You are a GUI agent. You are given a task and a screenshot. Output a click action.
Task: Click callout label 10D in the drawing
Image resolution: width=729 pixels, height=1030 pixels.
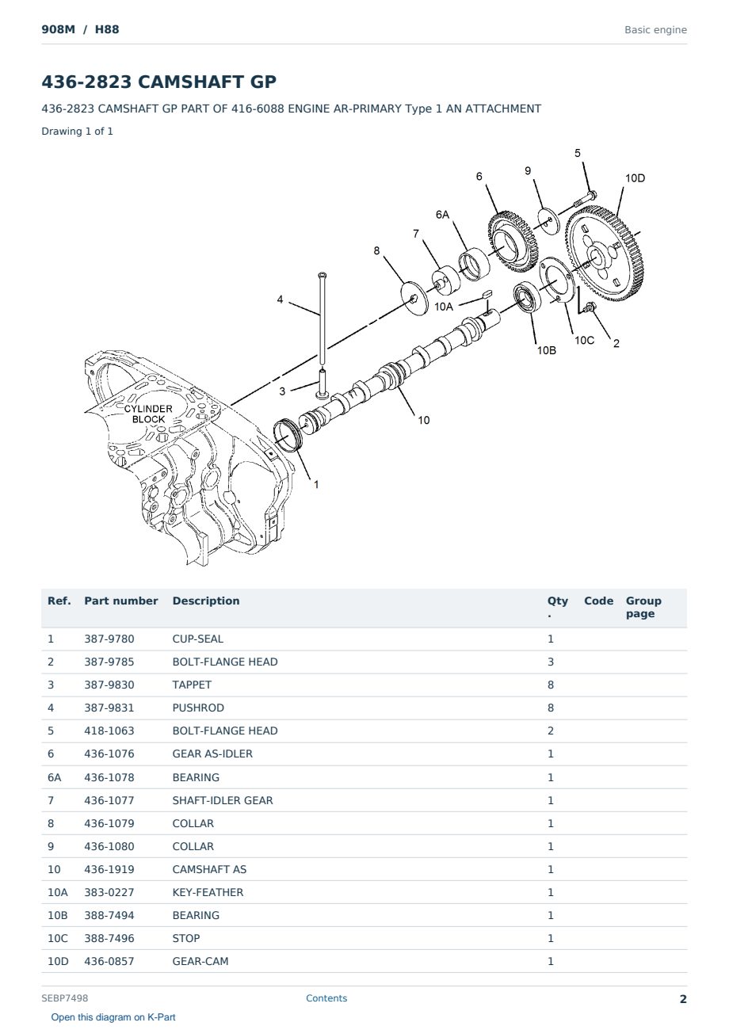pos(635,178)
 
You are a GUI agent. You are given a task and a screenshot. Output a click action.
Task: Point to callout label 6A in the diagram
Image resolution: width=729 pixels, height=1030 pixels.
pos(442,215)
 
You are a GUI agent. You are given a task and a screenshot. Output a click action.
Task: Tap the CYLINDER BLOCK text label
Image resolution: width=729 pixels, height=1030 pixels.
pos(148,414)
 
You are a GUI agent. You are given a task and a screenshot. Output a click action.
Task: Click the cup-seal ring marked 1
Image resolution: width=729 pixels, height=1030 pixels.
pos(288,435)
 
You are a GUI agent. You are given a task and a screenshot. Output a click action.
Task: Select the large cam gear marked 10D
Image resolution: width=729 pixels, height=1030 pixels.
pos(604,254)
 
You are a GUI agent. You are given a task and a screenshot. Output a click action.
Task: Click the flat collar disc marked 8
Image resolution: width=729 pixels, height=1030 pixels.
pos(414,299)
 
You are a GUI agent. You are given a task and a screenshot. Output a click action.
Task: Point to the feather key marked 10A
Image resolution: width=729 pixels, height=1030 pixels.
pos(487,294)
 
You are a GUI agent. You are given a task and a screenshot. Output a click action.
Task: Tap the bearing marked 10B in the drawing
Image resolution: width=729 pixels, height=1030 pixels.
pos(527,299)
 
